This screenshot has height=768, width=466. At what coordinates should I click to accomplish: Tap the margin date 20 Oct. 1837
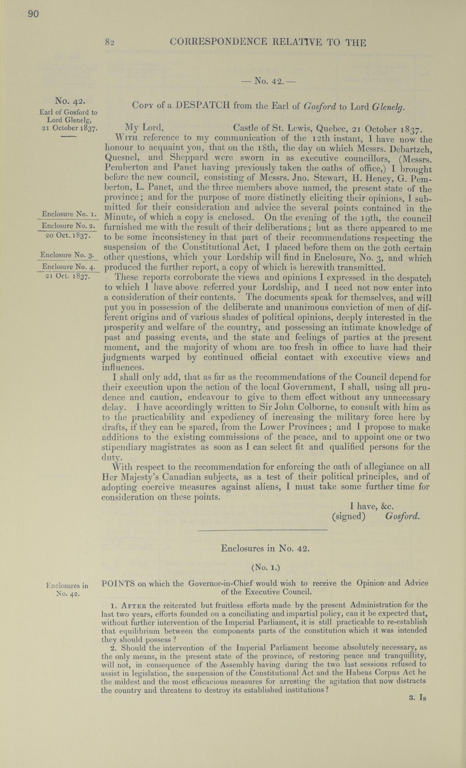click(x=68, y=236)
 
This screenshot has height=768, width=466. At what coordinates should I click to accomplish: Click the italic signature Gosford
click(x=402, y=516)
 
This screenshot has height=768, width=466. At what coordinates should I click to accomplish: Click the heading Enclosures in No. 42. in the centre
click(x=265, y=549)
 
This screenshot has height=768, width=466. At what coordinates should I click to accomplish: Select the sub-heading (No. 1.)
click(x=265, y=568)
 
